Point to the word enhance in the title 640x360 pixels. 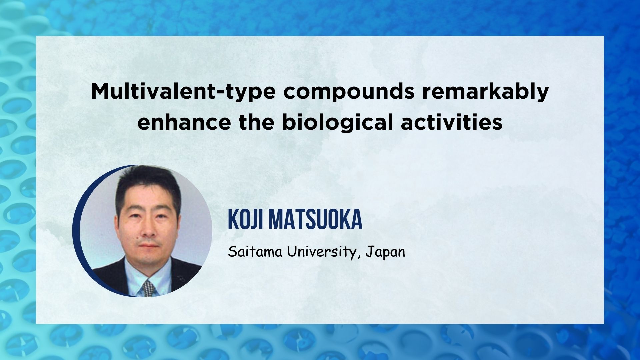click(x=184, y=123)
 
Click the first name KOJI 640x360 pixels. click(x=245, y=220)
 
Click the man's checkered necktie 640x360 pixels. click(x=148, y=289)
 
